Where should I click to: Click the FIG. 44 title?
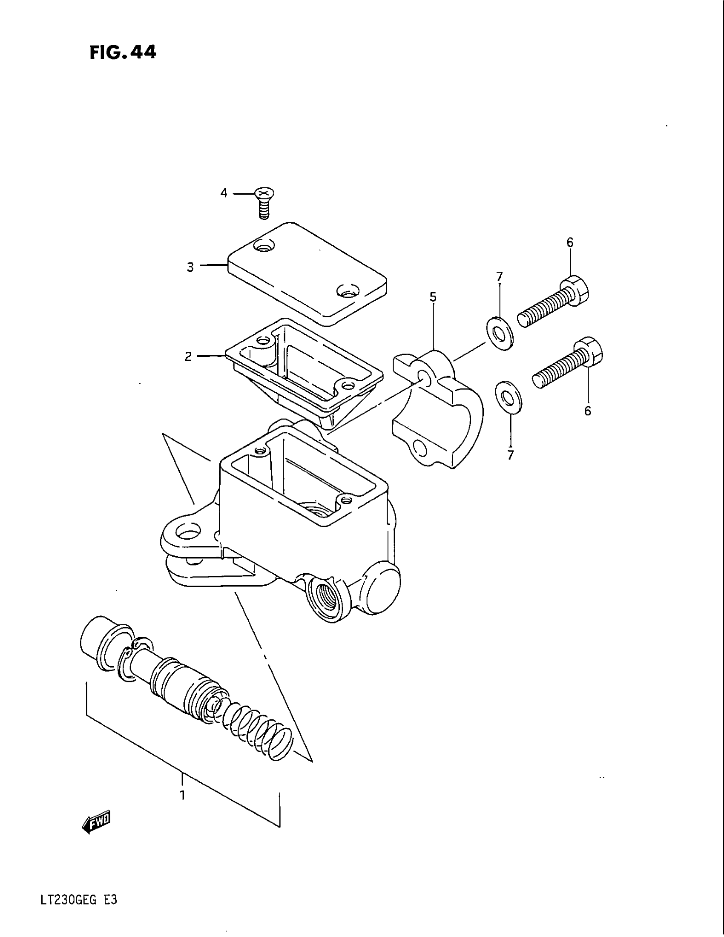point(123,52)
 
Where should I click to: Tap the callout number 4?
point(224,193)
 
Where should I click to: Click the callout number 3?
point(190,267)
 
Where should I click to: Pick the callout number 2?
point(188,356)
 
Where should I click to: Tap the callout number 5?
point(433,297)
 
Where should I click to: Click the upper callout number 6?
point(570,243)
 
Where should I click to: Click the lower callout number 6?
point(588,411)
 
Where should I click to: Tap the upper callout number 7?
point(499,277)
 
